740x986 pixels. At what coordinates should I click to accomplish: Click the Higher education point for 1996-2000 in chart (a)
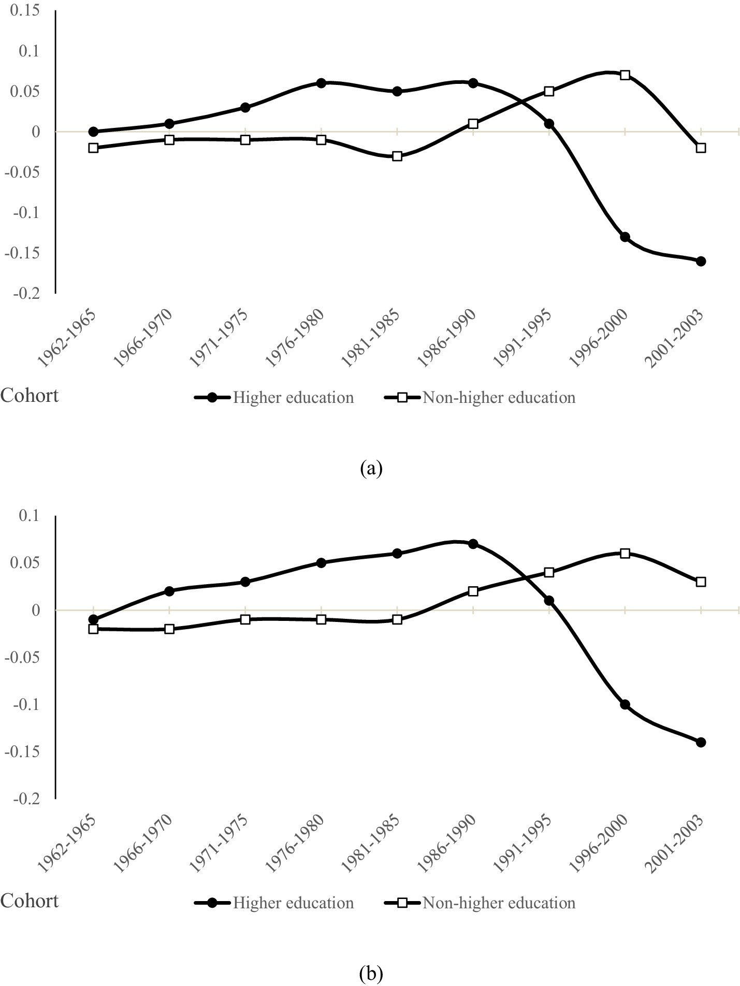pyautogui.click(x=625, y=237)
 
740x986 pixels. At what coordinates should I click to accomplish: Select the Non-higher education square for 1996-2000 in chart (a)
pyautogui.click(x=625, y=75)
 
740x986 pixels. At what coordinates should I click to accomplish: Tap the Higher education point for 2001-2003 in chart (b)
pyautogui.click(x=701, y=742)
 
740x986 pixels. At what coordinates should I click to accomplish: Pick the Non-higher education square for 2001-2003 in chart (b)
pyautogui.click(x=701, y=582)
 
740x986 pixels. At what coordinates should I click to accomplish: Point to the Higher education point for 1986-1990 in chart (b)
pyautogui.click(x=473, y=544)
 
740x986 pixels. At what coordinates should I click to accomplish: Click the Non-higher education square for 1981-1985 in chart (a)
pyautogui.click(x=397, y=156)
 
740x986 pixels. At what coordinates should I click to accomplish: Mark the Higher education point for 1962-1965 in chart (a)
pyautogui.click(x=93, y=132)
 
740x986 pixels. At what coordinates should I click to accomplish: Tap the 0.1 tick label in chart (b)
pyautogui.click(x=29, y=516)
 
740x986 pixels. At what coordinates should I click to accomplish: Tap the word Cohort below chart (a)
pyautogui.click(x=30, y=396)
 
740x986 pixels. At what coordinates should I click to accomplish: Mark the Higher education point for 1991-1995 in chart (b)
pyautogui.click(x=549, y=601)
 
